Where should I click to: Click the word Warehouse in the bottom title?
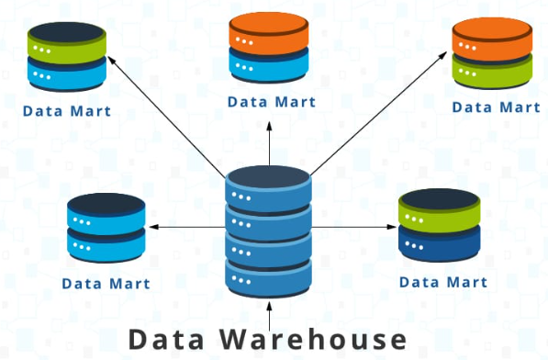[x=313, y=339]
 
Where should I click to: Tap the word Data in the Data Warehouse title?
[x=166, y=339]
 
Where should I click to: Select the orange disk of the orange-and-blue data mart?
[x=269, y=33]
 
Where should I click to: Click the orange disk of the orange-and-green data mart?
[x=492, y=39]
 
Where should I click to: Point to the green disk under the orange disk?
[x=492, y=72]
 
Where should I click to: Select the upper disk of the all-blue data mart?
[x=106, y=214]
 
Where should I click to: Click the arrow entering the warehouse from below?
[x=269, y=316]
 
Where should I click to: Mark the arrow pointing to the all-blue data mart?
[x=187, y=227]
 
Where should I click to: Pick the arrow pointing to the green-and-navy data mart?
[x=353, y=227]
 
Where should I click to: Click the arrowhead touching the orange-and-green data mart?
[x=443, y=55]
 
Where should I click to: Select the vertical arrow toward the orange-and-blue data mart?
[x=269, y=143]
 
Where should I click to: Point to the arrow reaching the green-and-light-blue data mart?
[x=166, y=117]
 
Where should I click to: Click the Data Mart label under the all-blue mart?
[x=106, y=284]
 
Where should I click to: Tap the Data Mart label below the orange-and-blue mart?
[x=272, y=102]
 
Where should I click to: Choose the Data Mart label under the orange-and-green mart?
[x=496, y=107]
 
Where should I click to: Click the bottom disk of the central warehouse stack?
[x=268, y=278]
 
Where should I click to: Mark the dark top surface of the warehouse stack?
[x=268, y=176]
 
